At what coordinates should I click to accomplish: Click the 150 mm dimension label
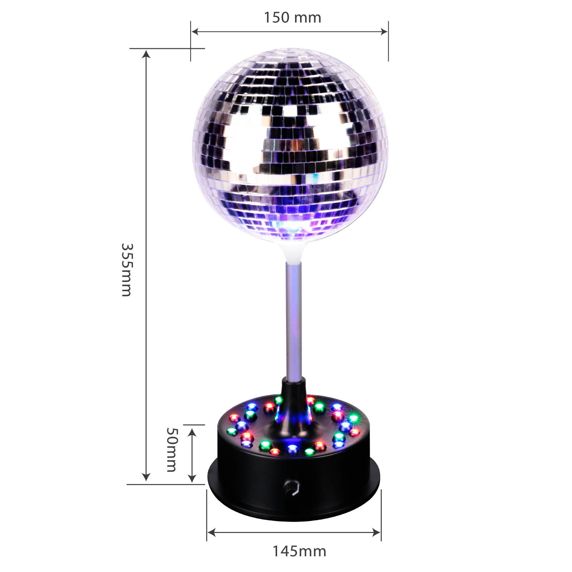click(292, 18)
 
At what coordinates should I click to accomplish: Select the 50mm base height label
click(172, 450)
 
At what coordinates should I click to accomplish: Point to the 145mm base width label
click(300, 551)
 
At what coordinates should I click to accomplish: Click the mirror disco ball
click(290, 145)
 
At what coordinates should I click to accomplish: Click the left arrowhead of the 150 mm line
click(195, 31)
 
